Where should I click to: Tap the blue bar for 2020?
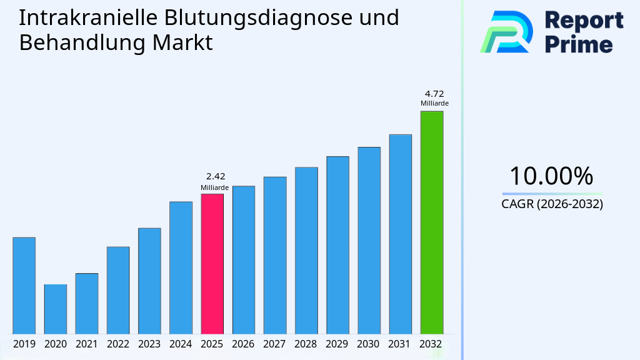pyautogui.click(x=55, y=309)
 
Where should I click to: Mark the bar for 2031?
pyautogui.click(x=400, y=234)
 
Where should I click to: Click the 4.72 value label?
pyautogui.click(x=434, y=94)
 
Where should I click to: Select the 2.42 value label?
pyautogui.click(x=215, y=177)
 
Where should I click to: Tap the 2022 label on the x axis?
pyautogui.click(x=117, y=344)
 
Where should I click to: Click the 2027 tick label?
pyautogui.click(x=274, y=344)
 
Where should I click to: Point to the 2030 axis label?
pyautogui.click(x=368, y=344)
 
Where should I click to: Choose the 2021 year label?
pyautogui.click(x=86, y=344)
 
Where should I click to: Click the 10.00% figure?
pyautogui.click(x=551, y=176)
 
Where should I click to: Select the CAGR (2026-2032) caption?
pyautogui.click(x=552, y=204)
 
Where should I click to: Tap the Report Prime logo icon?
pyautogui.click(x=506, y=31)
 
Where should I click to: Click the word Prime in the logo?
pyautogui.click(x=578, y=44)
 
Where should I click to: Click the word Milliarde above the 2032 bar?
pyautogui.click(x=434, y=103)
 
